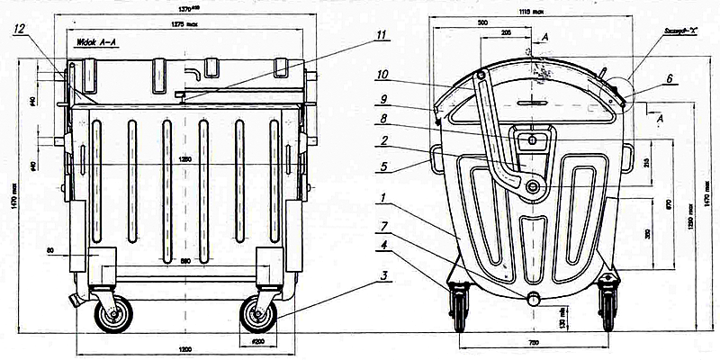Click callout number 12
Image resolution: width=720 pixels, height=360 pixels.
click(x=19, y=30)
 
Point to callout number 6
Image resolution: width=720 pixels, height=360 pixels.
click(x=668, y=78)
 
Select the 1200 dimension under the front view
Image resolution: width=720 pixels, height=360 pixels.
click(x=186, y=347)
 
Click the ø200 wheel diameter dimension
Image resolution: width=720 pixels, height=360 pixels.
click(x=258, y=342)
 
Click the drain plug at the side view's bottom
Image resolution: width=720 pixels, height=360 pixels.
click(x=535, y=298)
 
